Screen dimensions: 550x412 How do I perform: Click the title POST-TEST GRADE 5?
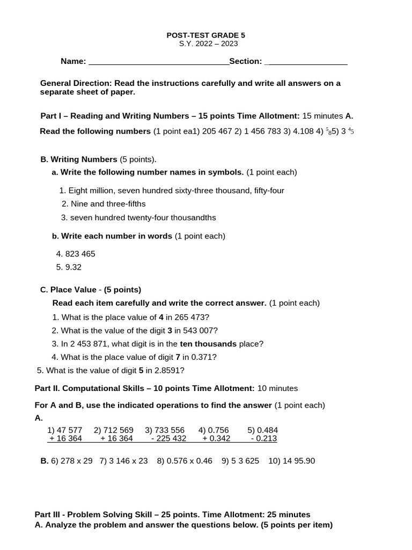207,35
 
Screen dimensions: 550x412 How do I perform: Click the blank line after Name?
158,62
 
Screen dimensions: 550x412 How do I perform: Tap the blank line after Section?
306,62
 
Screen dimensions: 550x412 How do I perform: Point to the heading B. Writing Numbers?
79,160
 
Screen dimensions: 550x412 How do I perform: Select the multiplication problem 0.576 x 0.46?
190,461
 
